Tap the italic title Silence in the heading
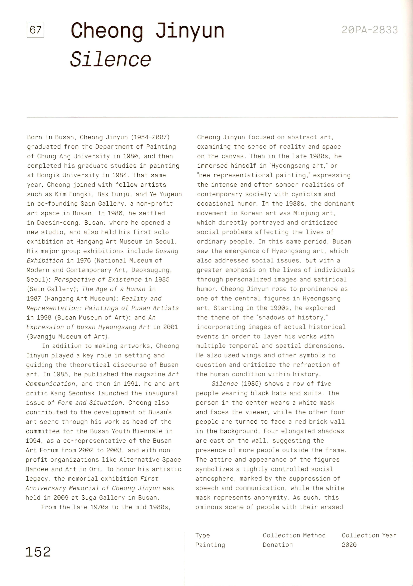point(110,59)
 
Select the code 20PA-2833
point(370,30)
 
